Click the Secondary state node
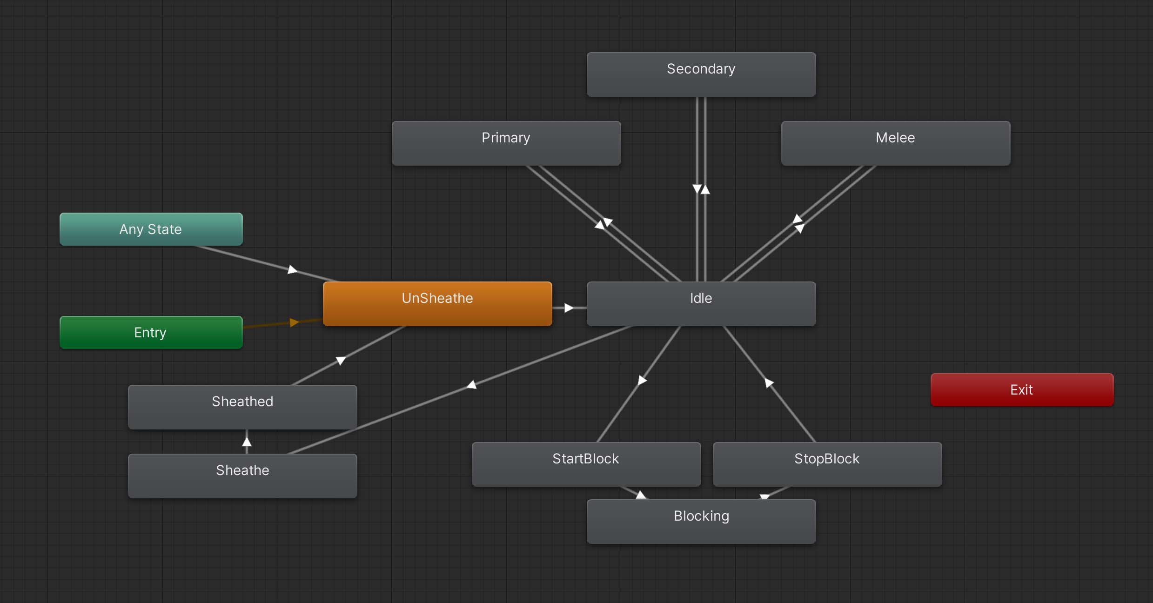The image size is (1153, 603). tap(701, 74)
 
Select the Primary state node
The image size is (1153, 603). tap(506, 143)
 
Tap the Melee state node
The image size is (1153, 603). tap(895, 143)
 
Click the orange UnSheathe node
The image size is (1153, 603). tap(437, 303)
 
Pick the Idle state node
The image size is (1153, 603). tap(701, 303)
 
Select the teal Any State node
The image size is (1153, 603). tap(151, 229)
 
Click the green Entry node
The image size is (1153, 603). tap(151, 332)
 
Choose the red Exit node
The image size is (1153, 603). tap(1021, 389)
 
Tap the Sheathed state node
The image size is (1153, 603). tap(242, 407)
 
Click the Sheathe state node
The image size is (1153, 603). tap(242, 476)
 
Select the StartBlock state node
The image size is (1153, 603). tap(586, 464)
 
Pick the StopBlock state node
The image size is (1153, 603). tap(827, 464)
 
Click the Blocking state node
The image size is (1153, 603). tap(701, 521)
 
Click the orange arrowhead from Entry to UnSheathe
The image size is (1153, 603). tap(294, 322)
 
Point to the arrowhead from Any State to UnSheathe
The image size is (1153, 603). tap(292, 269)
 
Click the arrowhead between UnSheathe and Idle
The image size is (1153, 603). tap(569, 308)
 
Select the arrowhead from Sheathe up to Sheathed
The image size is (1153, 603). tap(247, 442)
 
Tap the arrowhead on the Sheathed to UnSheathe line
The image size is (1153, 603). tap(341, 361)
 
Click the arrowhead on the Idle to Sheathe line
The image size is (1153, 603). tap(472, 384)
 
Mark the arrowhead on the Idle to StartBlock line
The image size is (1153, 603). tap(642, 380)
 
